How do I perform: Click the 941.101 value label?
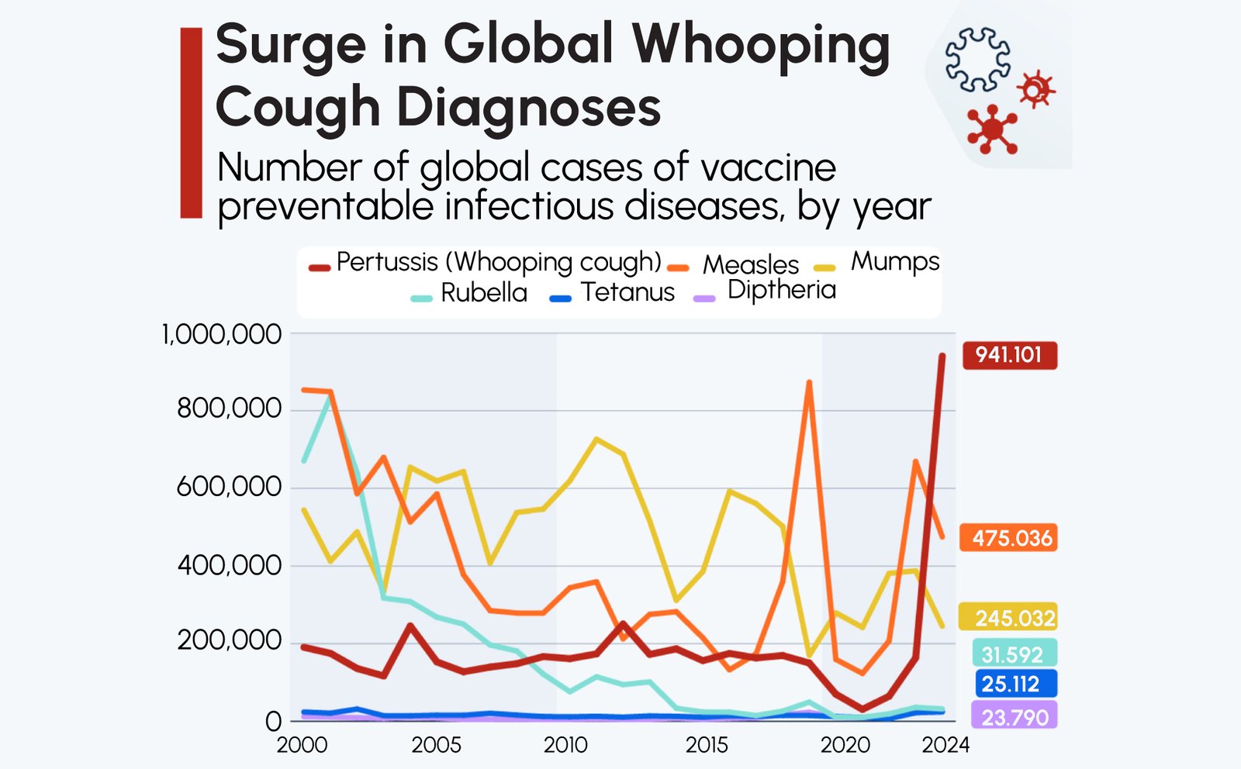(x=1009, y=355)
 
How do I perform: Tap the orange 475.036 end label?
(x=1009, y=537)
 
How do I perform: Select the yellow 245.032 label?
(x=1009, y=618)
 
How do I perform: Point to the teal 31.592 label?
(x=1013, y=654)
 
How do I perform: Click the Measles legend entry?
(x=750, y=265)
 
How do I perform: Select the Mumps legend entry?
(x=894, y=262)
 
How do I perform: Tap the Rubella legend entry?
(x=482, y=293)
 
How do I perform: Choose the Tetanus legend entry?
(x=627, y=292)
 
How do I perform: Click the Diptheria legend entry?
(x=780, y=290)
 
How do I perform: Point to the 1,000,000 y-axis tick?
(x=221, y=335)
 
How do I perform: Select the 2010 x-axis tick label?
(x=565, y=745)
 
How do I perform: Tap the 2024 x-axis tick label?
(x=945, y=745)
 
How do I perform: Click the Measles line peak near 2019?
(x=809, y=383)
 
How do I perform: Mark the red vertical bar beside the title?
(x=191, y=122)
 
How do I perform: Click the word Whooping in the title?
(x=761, y=46)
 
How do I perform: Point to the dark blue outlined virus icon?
(x=977, y=60)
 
